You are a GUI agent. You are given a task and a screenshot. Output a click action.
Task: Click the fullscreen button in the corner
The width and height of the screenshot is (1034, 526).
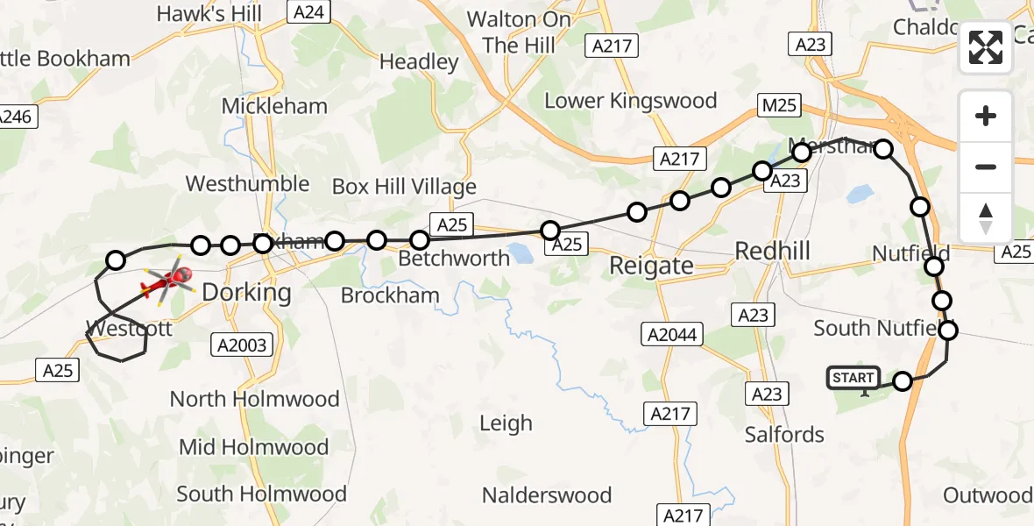[x=986, y=48]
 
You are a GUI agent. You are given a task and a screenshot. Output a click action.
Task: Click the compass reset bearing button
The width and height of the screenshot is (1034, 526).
[x=986, y=217]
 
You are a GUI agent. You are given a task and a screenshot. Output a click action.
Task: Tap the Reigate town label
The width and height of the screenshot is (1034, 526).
[x=651, y=266]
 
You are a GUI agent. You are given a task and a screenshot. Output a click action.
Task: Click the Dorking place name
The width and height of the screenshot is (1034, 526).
[x=246, y=292]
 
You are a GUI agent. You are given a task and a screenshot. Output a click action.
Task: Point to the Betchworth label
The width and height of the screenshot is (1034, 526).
[x=454, y=259]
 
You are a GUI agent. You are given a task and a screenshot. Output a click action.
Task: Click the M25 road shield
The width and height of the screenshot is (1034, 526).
[x=778, y=106]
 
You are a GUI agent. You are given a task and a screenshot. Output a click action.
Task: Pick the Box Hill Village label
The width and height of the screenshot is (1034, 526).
[x=404, y=187]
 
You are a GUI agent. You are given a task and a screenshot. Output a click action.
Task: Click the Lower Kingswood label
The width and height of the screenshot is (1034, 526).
[x=630, y=101]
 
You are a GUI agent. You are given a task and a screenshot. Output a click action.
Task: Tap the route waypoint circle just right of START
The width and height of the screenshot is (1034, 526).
[x=903, y=380]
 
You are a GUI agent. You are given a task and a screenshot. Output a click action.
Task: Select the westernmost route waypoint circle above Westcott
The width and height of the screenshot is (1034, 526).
[x=116, y=259]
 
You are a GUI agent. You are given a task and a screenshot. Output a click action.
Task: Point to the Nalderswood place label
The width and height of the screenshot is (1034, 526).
[x=546, y=495]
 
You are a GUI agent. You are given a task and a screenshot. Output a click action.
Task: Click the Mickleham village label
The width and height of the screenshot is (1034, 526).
[x=274, y=106]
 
